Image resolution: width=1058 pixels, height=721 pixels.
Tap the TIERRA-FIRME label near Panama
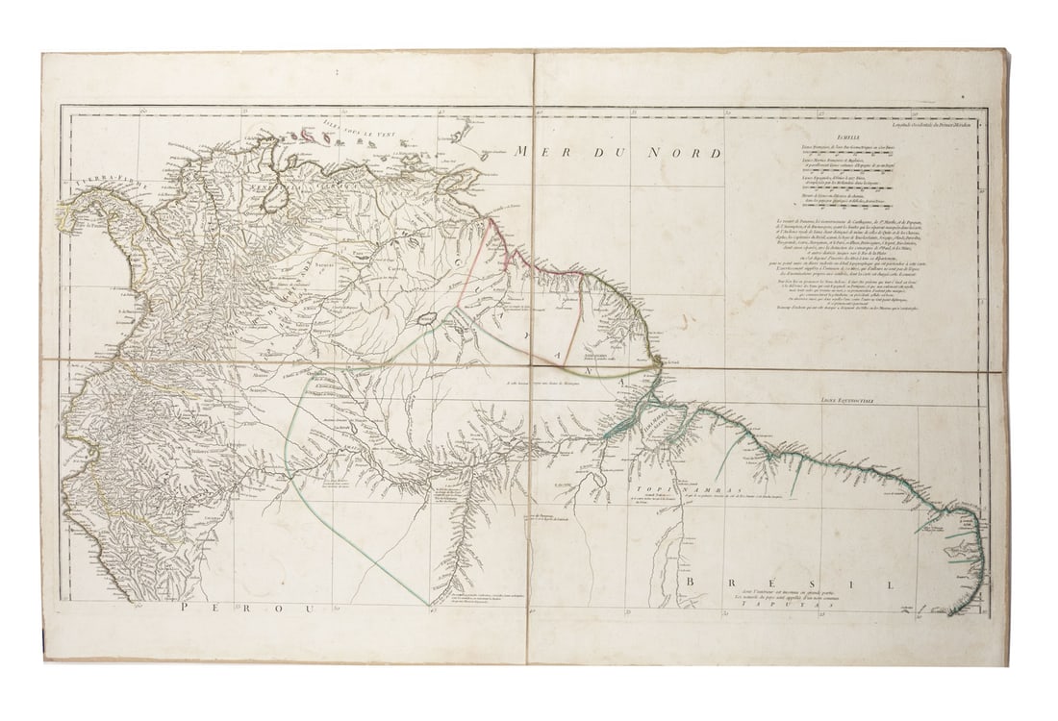point(91,180)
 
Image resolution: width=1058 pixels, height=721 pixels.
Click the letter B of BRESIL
point(690,584)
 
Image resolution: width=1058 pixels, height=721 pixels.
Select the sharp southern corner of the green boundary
point(428,605)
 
